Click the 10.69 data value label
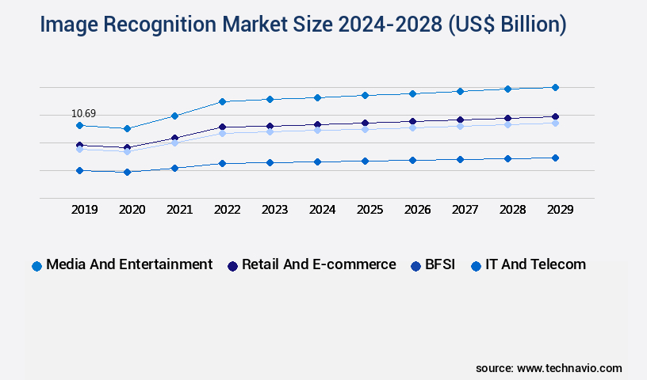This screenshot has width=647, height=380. click(x=83, y=114)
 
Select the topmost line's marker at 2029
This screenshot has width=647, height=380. click(x=555, y=87)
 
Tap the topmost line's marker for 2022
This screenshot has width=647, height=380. click(x=222, y=101)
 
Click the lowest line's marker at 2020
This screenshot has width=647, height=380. click(x=127, y=172)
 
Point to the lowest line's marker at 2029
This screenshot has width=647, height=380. click(x=555, y=158)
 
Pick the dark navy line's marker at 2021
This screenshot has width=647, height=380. click(x=174, y=138)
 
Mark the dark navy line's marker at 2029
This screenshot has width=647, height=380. click(x=555, y=116)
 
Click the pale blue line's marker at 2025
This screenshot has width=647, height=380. click(x=365, y=128)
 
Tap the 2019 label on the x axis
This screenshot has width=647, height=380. click(x=85, y=210)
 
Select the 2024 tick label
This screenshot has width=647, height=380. click(x=323, y=210)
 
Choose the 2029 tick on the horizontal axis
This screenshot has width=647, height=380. click(x=561, y=210)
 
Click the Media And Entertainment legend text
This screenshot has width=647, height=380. click(x=129, y=264)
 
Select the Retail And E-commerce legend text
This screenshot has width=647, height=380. click(x=319, y=264)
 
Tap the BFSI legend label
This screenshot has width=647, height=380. click(x=440, y=264)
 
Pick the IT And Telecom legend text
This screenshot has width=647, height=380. click(x=536, y=264)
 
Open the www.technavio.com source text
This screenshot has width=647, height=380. click(x=569, y=368)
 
